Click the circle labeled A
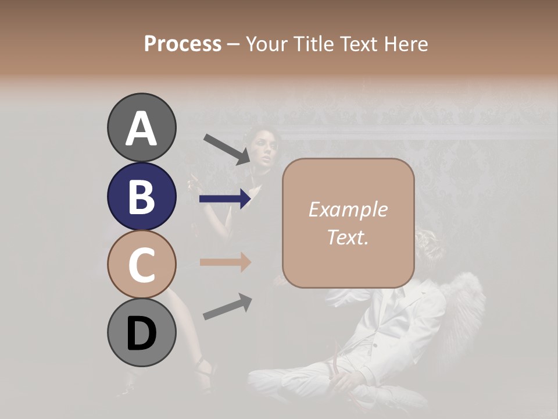click(x=141, y=127)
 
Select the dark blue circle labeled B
click(x=141, y=196)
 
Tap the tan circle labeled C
click(x=141, y=264)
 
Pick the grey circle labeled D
click(x=141, y=333)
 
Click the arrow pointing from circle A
click(x=227, y=149)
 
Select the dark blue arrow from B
click(x=225, y=200)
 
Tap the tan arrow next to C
click(x=225, y=262)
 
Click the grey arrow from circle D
click(x=227, y=307)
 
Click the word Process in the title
click(x=183, y=44)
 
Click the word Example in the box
click(x=348, y=210)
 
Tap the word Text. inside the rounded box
click(x=348, y=237)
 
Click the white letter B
click(x=141, y=197)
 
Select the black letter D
click(x=141, y=333)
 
